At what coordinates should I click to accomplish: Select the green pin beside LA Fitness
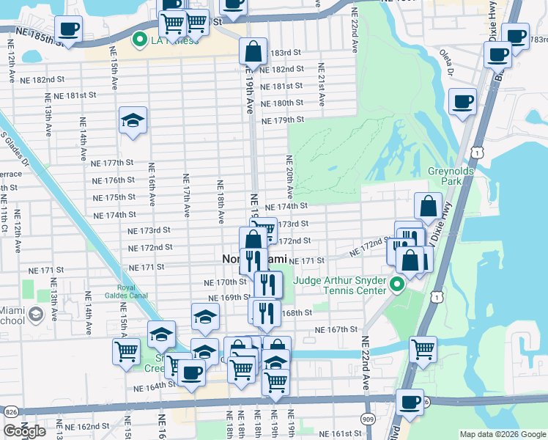[137, 40]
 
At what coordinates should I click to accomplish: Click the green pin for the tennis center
[398, 284]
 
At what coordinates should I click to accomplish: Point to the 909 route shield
[368, 419]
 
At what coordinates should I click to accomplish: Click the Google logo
[24, 431]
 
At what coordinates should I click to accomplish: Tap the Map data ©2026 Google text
[503, 434]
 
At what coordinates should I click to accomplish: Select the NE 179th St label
[282, 120]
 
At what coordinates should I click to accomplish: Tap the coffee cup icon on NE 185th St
[68, 29]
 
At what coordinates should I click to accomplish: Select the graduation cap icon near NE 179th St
[133, 121]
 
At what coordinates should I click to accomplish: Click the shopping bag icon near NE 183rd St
[253, 51]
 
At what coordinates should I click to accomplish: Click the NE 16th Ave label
[152, 183]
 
